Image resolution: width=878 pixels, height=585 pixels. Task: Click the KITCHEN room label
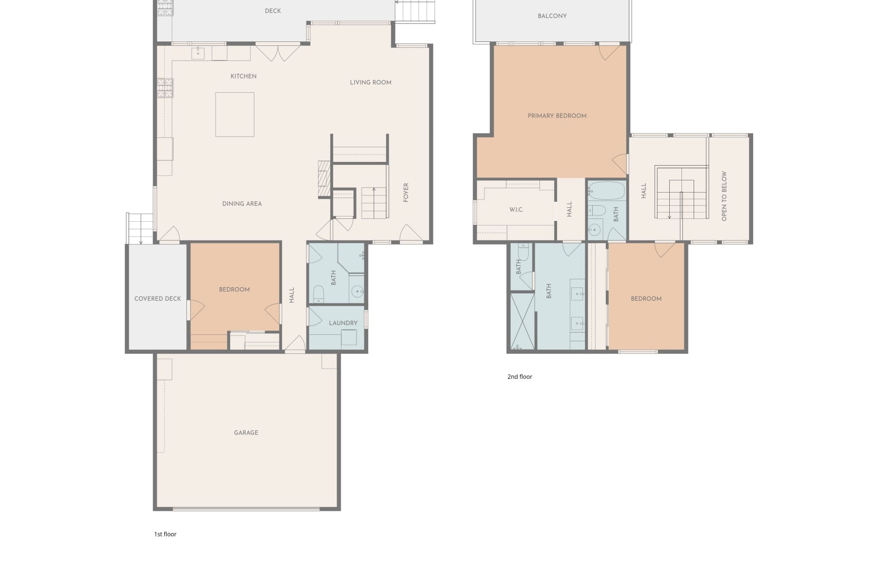tap(243, 76)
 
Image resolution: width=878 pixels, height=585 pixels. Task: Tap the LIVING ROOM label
tap(371, 82)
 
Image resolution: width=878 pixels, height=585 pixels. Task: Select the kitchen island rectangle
tap(235, 115)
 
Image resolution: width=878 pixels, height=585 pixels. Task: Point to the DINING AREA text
tap(242, 204)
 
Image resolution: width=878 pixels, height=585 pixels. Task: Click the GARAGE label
tap(246, 432)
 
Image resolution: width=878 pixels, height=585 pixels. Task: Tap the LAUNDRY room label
tap(343, 323)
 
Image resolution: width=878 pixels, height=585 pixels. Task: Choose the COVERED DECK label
tap(158, 298)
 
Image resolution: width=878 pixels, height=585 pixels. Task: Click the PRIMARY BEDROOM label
tap(557, 116)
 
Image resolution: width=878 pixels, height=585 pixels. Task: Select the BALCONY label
tap(552, 16)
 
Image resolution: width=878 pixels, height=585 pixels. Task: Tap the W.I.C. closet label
tap(516, 210)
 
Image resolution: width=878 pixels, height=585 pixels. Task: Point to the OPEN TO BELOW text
tap(724, 196)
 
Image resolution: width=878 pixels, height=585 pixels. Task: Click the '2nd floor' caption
tap(519, 376)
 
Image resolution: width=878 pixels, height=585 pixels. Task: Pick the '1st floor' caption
tap(165, 534)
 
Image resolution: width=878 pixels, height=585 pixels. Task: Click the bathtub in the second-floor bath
tap(606, 191)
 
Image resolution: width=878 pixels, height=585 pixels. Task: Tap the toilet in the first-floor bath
tap(318, 294)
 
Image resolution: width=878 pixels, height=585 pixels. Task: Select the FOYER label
tap(406, 193)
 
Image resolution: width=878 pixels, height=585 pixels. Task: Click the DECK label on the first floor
tap(273, 11)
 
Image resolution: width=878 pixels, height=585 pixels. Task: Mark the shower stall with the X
tap(522, 321)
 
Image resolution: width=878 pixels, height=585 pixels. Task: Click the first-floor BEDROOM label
tap(234, 289)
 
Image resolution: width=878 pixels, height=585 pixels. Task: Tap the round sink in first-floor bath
tap(358, 292)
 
